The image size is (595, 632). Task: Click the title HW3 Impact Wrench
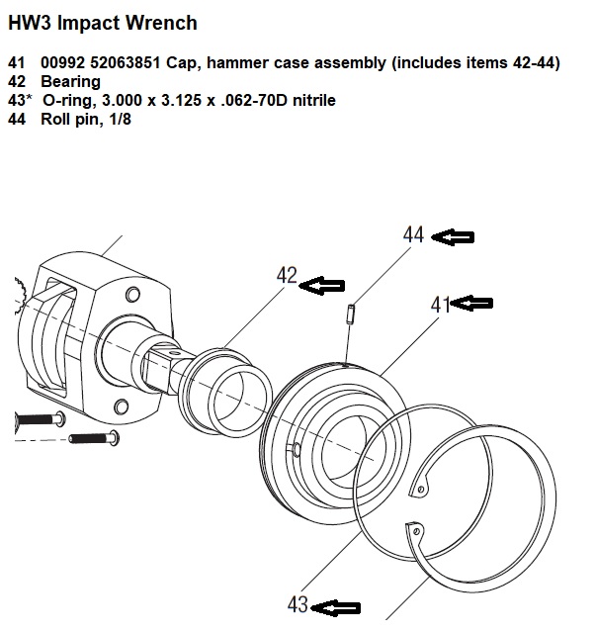click(102, 22)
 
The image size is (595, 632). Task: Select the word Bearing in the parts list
click(70, 81)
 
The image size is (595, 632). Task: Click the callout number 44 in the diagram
click(414, 235)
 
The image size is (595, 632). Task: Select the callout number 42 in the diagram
click(287, 277)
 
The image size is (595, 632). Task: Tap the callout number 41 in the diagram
click(441, 305)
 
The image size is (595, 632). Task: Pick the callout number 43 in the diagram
click(298, 604)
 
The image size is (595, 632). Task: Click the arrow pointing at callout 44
click(456, 236)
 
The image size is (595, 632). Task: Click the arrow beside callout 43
click(342, 606)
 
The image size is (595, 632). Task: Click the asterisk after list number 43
click(31, 98)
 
